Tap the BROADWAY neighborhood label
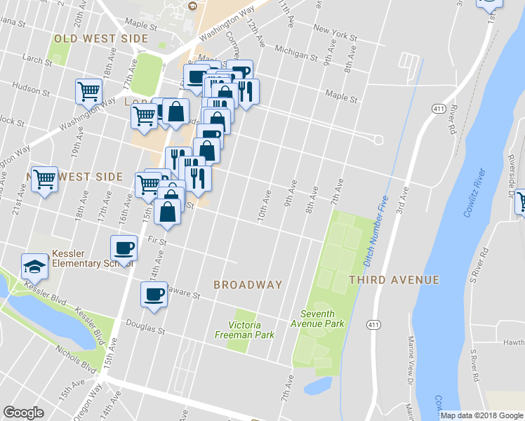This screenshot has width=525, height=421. (248, 285)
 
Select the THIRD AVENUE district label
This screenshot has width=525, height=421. (394, 280)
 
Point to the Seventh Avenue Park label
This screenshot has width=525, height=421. (322, 319)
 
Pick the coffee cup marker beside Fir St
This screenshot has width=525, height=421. (124, 248)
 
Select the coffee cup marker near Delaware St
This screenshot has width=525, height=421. (154, 295)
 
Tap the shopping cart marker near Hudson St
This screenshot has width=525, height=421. (89, 91)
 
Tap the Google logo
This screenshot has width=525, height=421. (24, 413)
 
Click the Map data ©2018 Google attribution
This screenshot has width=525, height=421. (481, 415)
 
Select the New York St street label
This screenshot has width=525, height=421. (331, 29)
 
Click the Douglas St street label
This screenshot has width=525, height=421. (145, 325)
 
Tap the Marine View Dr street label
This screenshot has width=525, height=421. (411, 358)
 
